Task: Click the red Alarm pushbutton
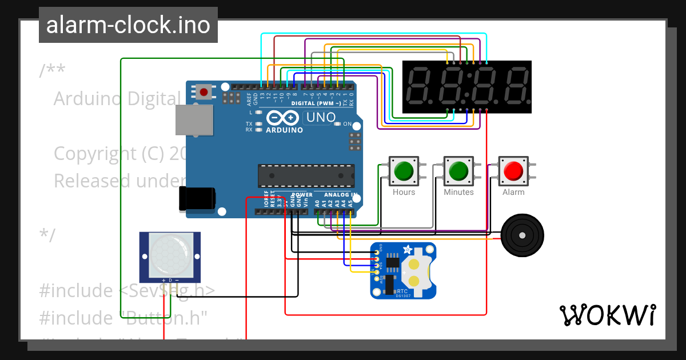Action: pos(513,170)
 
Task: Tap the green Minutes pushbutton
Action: pos(458,170)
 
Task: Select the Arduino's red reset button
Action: pos(203,91)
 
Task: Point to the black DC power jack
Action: pos(197,198)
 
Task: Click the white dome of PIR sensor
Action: pos(170,255)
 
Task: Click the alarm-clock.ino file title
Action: pos(128,25)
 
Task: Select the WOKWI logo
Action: pos(607,315)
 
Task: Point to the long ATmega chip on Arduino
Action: pos(306,175)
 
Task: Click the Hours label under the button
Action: pos(404,192)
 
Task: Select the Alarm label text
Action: pos(513,192)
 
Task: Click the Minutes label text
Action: pos(458,192)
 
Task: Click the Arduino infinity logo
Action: pos(283,118)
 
